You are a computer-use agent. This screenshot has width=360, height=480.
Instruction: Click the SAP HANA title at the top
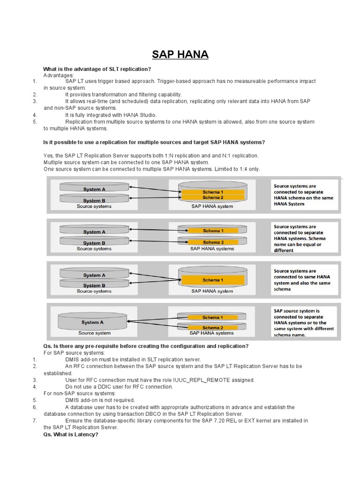pyautogui.click(x=180, y=55)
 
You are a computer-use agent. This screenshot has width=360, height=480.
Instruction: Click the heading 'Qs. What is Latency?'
pyautogui.click(x=71, y=435)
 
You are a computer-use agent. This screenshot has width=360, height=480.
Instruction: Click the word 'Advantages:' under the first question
pyautogui.click(x=59, y=75)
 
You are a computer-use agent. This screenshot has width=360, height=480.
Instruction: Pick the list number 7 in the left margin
pyautogui.click(x=35, y=420)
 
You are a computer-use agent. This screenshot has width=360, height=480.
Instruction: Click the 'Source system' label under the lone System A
pyautogui.click(x=94, y=333)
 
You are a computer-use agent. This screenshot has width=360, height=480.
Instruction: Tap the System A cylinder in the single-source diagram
pyautogui.click(x=92, y=322)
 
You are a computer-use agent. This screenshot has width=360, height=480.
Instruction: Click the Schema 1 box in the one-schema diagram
pyautogui.click(x=211, y=280)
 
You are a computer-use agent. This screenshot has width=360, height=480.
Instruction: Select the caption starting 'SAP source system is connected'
pyautogui.click(x=304, y=322)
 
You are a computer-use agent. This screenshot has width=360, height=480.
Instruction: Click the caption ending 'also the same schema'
pyautogui.click(x=302, y=280)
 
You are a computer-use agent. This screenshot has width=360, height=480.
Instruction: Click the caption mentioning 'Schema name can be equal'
pyautogui.click(x=300, y=238)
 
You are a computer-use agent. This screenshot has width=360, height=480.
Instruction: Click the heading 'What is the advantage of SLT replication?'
pyautogui.click(x=97, y=69)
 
